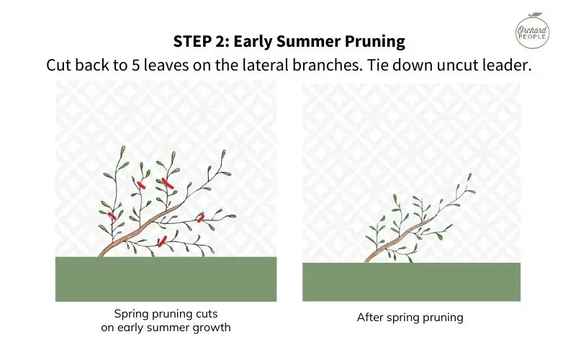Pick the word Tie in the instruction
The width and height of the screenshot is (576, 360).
pos(363,64)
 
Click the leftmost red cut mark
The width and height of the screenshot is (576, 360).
pos(112,215)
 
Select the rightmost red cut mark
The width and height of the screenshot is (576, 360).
pos(201,217)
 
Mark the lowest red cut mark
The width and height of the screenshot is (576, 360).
pos(163,240)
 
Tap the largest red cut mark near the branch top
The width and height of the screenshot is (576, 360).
pos(169,183)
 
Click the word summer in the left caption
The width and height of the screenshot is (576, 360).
pos(189,328)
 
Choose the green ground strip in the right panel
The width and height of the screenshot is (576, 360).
pos(411,282)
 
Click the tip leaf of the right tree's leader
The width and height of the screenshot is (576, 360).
pos(470,176)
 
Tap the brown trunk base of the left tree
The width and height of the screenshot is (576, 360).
pos(104,253)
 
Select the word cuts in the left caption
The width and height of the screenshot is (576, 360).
pos(203,314)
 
